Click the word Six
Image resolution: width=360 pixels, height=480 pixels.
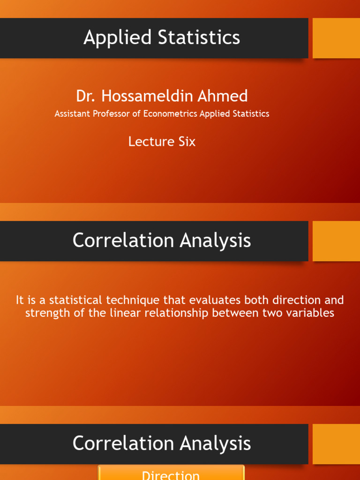pos(187,142)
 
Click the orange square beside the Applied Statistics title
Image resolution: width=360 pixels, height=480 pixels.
pos(336,38)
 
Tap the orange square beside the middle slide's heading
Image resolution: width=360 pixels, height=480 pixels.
pos(336,241)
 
